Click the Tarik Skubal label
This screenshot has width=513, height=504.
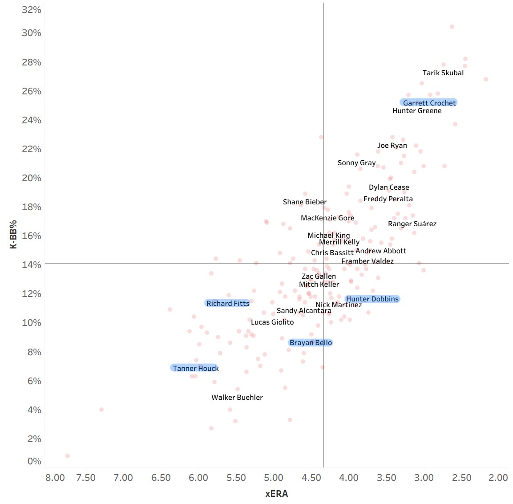coord(443,73)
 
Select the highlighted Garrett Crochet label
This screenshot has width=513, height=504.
coord(429,103)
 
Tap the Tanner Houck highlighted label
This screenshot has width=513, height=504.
coord(195,368)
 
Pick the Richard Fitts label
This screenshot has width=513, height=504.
coord(228,303)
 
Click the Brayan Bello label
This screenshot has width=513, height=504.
coord(311,342)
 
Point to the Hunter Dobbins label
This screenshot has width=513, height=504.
coord(372,299)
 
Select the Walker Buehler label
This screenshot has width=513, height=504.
coord(237,397)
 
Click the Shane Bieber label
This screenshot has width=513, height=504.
coord(305,202)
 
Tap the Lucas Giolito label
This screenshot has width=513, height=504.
coord(272,322)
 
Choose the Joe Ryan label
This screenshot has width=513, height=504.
coord(392,146)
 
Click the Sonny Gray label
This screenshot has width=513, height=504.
coord(356,163)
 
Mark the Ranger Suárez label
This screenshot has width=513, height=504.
coord(412,224)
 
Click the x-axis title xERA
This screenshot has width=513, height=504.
coord(276,494)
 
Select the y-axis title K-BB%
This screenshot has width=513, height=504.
coord(13,234)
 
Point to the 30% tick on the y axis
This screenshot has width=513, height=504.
coord(31,33)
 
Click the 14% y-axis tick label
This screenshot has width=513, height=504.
coord(31,264)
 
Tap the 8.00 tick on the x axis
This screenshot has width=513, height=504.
coord(55,478)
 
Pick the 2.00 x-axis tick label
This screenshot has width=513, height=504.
coord(498,478)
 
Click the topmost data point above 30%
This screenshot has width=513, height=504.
coord(452,27)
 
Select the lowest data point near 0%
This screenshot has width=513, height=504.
coord(68,456)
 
